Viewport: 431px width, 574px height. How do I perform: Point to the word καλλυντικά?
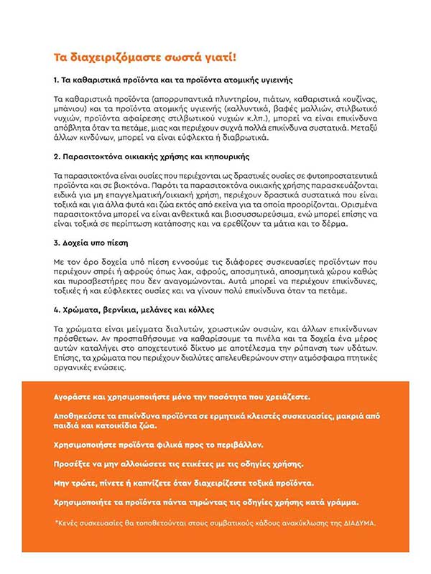coord(261,107)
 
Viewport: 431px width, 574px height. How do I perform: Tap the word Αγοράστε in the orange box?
coord(75,397)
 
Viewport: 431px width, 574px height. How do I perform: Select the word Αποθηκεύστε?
coord(85,416)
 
